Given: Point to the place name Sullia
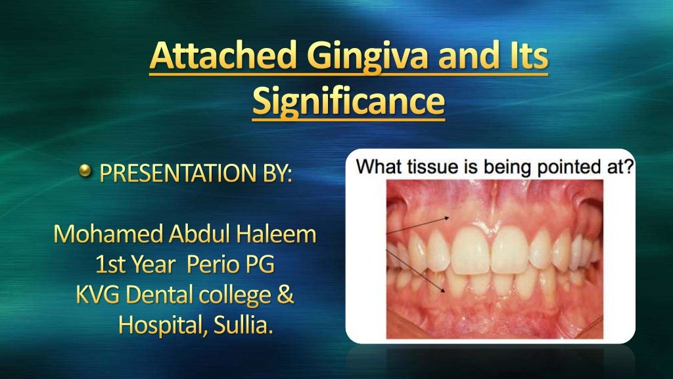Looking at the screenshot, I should point(248,324).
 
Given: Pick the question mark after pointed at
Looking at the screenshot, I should point(630,167).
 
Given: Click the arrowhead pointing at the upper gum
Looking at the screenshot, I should point(449,216).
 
